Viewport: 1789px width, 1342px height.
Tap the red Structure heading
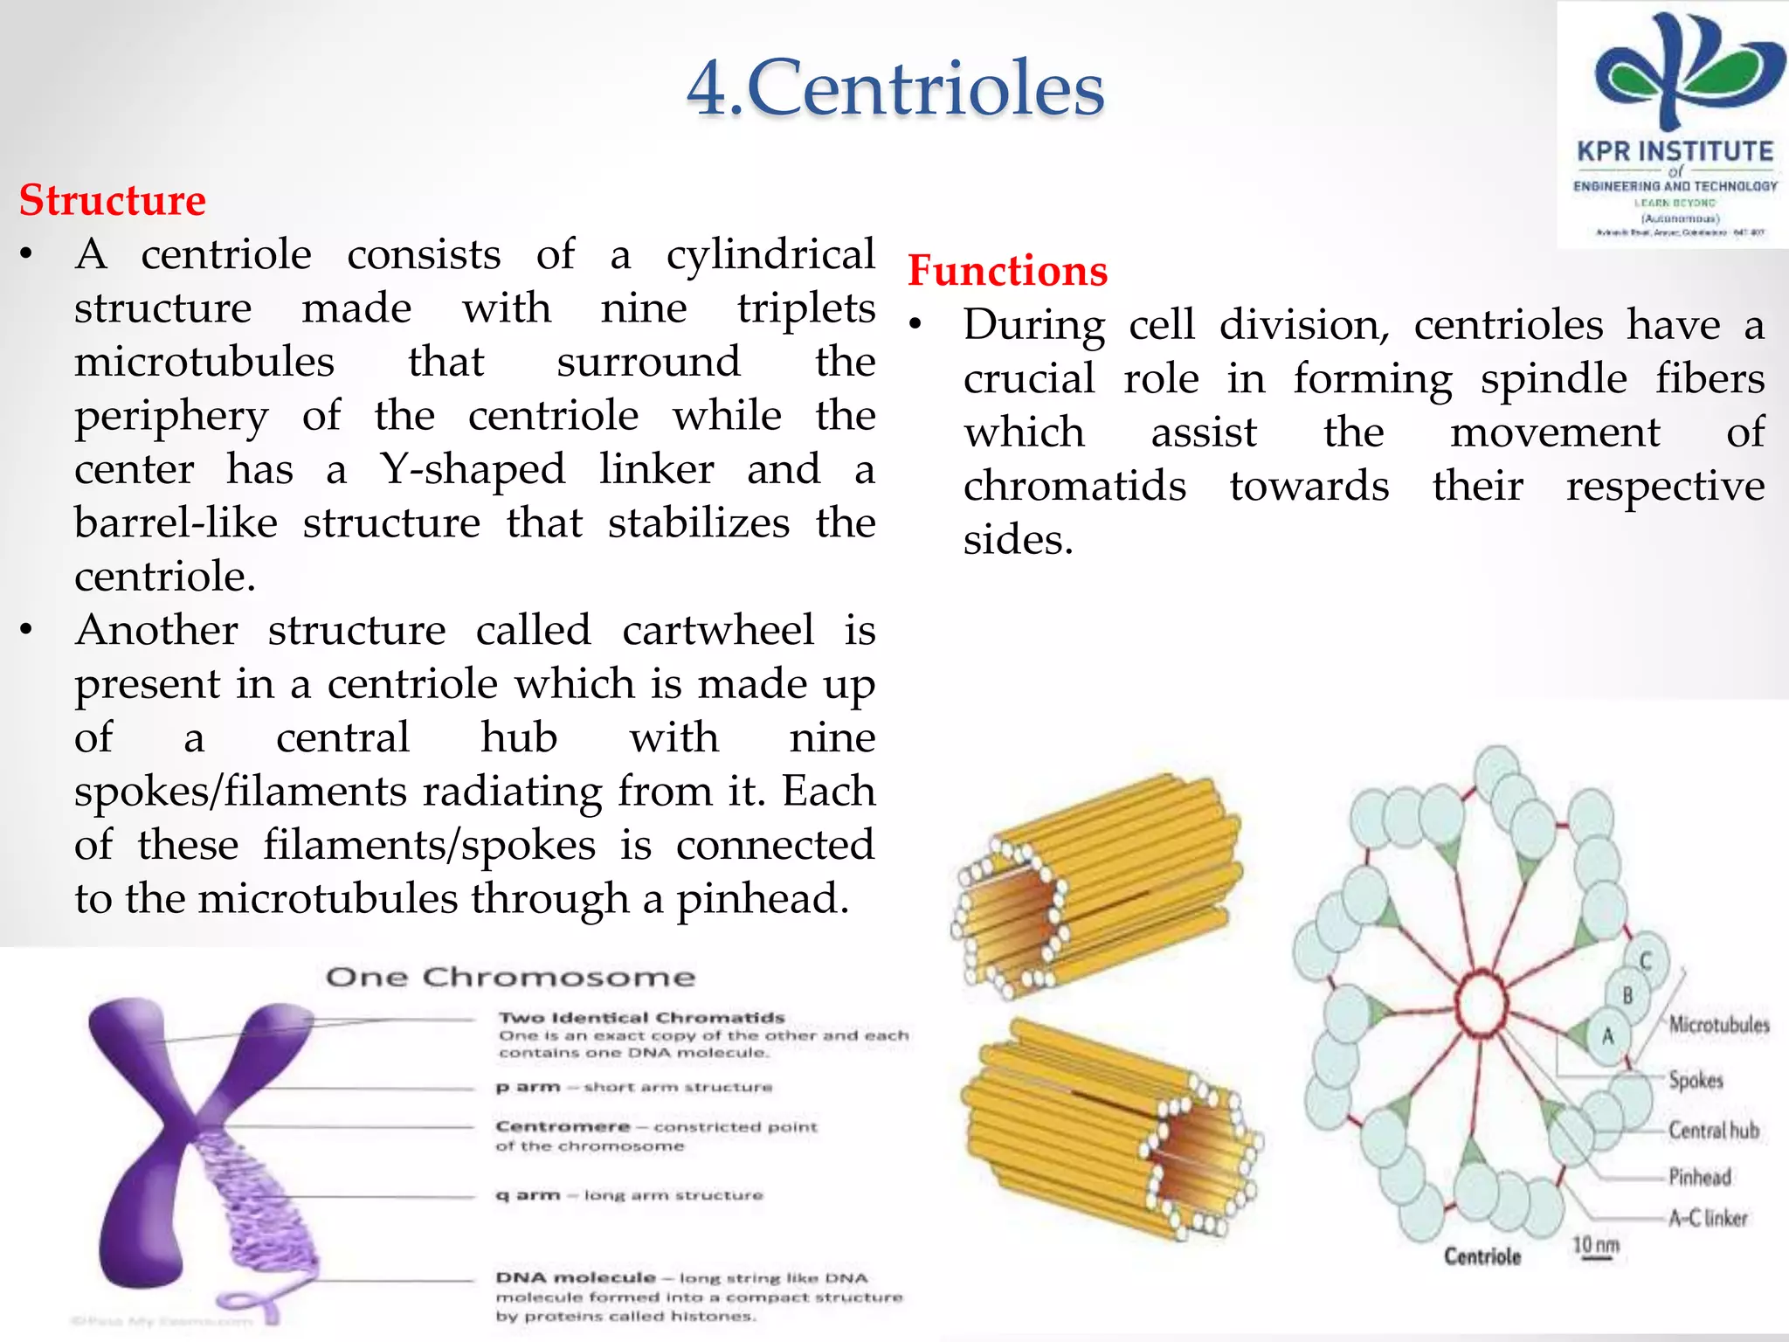113,200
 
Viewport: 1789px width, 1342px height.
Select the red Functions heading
1007,270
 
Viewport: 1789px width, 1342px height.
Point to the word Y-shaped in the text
473,469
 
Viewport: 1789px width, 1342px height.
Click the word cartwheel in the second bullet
718,630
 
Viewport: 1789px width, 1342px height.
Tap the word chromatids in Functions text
1074,486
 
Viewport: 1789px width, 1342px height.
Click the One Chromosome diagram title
510,977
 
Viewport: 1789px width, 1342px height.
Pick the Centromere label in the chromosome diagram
563,1126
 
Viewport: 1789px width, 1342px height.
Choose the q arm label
528,1194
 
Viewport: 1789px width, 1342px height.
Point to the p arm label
528,1088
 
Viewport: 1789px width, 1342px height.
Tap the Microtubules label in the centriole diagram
1718,1024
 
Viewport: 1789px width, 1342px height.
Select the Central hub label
1713,1130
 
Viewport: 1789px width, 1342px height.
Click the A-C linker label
1708,1217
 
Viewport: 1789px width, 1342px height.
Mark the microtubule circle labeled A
1607,1036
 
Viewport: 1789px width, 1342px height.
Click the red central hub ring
1481,1004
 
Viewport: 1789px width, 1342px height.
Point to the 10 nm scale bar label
1596,1245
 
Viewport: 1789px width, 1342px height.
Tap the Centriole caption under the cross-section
1482,1256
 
